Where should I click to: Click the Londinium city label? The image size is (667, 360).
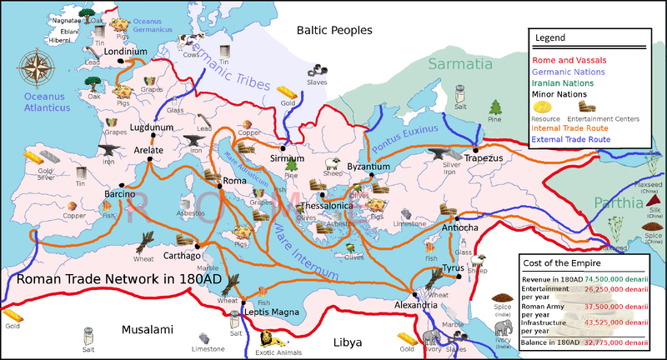tap(126, 51)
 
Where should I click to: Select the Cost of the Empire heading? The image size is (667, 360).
tap(562, 262)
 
